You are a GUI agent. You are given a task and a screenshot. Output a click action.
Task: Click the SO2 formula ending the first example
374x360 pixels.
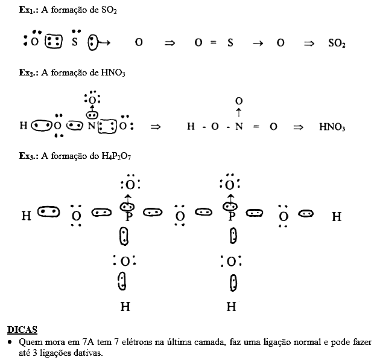(x=337, y=43)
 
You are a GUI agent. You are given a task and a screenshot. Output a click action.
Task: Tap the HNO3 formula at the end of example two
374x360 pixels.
(x=332, y=127)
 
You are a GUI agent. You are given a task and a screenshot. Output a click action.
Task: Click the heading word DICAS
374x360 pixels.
(x=22, y=330)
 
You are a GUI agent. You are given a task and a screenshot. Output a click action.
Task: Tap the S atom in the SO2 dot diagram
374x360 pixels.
(x=75, y=42)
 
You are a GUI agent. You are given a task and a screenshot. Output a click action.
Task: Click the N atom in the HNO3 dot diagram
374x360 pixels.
(x=92, y=127)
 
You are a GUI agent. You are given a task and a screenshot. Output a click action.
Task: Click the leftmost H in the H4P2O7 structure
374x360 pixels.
(x=27, y=216)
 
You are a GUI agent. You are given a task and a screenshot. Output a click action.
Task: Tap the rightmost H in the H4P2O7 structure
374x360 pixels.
(x=337, y=216)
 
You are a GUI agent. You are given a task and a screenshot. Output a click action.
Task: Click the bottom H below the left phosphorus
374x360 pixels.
(x=125, y=307)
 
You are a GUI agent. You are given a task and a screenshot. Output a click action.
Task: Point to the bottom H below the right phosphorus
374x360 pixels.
(x=231, y=307)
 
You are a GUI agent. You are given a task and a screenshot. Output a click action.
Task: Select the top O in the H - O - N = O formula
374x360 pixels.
(x=239, y=100)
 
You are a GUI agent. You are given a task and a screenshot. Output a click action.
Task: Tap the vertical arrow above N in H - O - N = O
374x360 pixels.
(x=239, y=113)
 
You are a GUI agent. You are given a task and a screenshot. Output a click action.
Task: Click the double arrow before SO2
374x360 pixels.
(x=309, y=43)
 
